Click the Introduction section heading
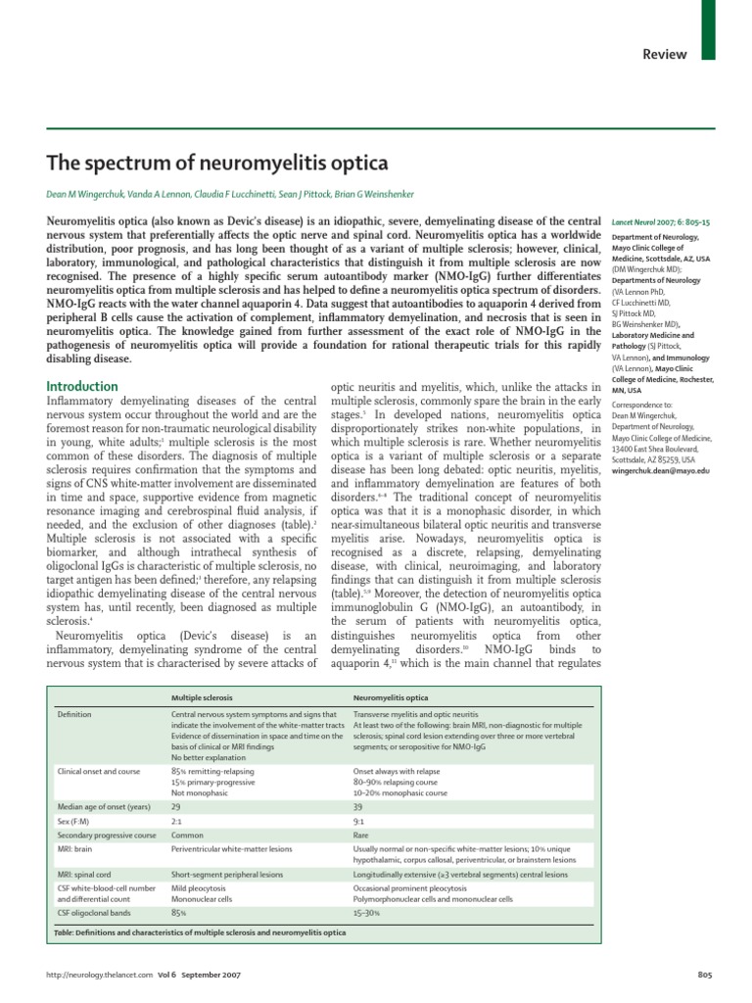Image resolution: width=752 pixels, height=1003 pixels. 83,387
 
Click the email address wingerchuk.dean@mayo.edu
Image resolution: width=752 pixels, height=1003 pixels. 661,471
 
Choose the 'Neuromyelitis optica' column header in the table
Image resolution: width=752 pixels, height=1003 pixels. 392,696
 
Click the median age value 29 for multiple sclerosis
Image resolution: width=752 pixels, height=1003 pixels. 176,806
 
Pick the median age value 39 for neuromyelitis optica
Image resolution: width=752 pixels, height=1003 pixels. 358,806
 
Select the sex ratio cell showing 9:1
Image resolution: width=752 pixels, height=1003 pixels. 358,821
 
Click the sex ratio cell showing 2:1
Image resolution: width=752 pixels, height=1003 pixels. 176,821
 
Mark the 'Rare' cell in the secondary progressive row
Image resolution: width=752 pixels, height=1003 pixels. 361,836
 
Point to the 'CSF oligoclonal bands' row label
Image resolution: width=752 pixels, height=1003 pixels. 95,912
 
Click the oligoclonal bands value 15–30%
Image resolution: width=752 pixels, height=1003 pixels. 367,912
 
